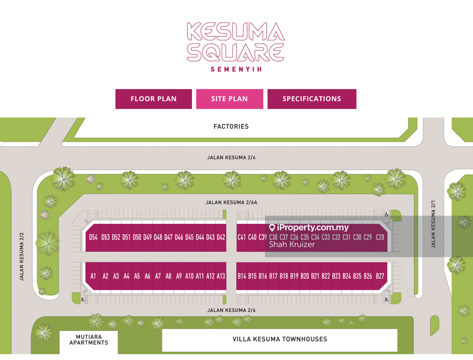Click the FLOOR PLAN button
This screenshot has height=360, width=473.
click(153, 99)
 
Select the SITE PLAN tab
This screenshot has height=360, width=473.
click(229, 99)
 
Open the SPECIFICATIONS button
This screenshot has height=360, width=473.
click(312, 99)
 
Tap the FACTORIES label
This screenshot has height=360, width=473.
click(231, 127)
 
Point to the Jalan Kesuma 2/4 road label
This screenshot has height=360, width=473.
click(231, 157)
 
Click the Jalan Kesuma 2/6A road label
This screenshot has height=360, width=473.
click(231, 203)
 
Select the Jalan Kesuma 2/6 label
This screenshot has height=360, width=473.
click(231, 310)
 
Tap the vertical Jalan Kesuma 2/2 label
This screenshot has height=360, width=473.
click(22, 256)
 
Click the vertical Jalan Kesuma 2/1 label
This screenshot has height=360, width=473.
click(433, 224)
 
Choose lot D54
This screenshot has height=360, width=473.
click(93, 237)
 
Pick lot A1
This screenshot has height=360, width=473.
click(93, 276)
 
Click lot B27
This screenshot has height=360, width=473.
click(380, 276)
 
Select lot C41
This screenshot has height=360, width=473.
click(242, 237)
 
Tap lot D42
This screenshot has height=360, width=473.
click(221, 237)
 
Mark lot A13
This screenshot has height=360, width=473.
click(221, 276)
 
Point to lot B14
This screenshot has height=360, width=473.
click(242, 276)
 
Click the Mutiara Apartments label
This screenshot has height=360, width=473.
click(89, 340)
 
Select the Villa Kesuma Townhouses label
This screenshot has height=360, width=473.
click(280, 339)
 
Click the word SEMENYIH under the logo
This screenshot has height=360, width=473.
click(236, 69)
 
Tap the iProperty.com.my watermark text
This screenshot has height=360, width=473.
click(312, 228)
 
